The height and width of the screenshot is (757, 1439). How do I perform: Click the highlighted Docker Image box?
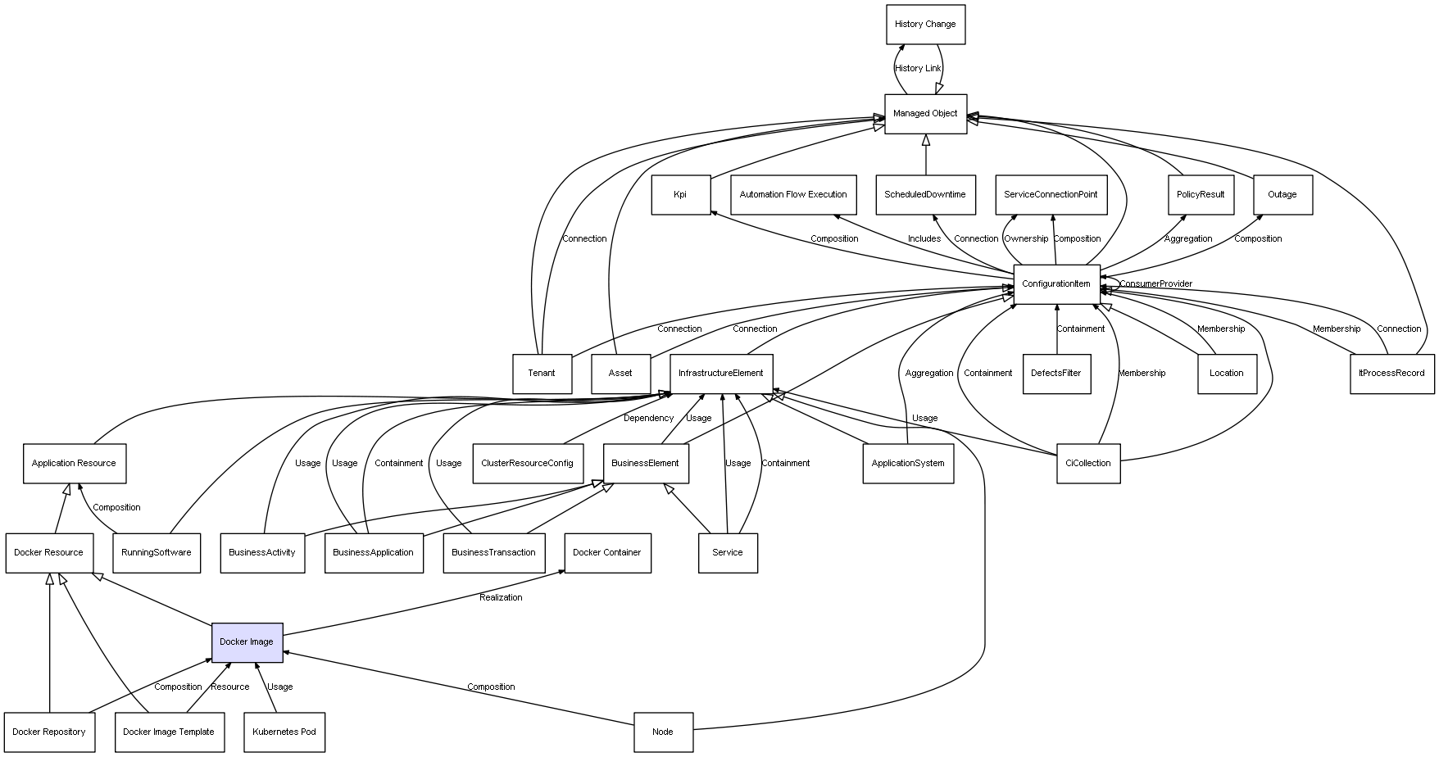[247, 642]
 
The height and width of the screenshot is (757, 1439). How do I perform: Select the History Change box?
[925, 25]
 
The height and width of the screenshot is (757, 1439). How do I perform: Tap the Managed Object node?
[925, 114]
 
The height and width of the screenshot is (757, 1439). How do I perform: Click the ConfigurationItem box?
[1056, 284]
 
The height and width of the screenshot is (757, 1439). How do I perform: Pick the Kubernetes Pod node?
[284, 732]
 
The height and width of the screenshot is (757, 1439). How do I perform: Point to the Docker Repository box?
[49, 732]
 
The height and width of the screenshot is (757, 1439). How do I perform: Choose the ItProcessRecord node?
[1391, 374]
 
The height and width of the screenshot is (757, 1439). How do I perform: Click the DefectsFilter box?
[1055, 374]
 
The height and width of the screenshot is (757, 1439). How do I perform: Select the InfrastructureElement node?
[720, 374]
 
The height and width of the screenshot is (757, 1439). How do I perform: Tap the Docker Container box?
[606, 553]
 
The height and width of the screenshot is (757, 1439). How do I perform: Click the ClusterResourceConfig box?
[527, 464]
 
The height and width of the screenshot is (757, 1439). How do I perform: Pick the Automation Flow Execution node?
[793, 195]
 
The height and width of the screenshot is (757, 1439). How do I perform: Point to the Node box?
[662, 732]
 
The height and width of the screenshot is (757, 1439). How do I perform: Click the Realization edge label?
[501, 598]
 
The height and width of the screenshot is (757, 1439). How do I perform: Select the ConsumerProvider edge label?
[1155, 284]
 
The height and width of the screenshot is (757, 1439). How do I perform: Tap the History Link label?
[918, 69]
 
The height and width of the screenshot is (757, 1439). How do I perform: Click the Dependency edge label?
[648, 419]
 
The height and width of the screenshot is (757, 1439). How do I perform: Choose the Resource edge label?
[229, 687]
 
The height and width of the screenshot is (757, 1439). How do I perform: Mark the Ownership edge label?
[1026, 239]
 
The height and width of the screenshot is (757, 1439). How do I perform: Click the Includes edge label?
[924, 239]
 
